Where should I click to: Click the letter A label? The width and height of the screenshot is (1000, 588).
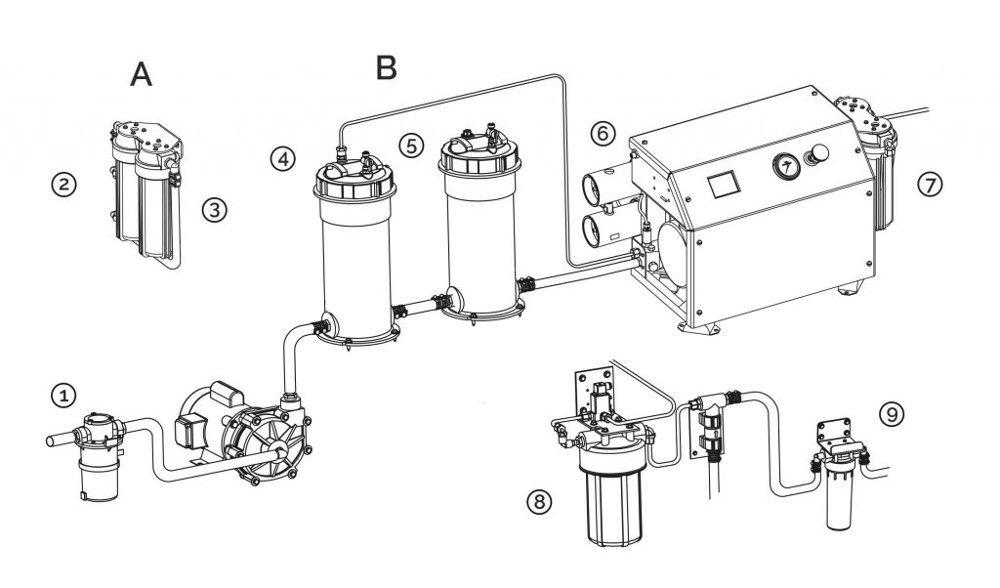tap(142, 74)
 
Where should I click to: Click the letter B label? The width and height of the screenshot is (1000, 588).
tap(387, 67)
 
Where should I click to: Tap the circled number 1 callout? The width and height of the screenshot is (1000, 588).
tap(63, 396)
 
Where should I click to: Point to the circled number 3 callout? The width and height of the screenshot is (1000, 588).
tap(214, 208)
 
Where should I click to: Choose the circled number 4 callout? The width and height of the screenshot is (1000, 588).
tap(283, 158)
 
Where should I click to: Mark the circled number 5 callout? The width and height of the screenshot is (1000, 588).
tap(412, 145)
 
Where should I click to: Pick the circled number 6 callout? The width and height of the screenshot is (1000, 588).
tap(603, 130)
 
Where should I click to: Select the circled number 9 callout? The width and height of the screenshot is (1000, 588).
tap(890, 413)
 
